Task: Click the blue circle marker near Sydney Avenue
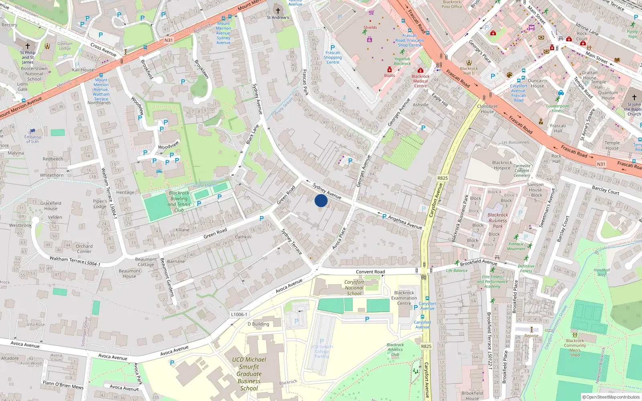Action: point(321,200)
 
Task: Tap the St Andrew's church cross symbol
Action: point(278,10)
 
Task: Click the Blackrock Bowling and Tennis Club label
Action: point(179,201)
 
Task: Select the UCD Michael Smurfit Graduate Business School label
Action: point(249,374)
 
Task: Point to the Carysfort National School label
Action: point(354,288)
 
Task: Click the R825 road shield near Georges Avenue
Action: point(442,178)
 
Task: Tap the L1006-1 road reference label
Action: point(240,314)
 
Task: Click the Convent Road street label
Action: point(370,272)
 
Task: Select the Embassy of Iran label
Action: point(33,139)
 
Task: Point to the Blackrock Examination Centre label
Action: point(404,298)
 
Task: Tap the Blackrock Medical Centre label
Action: point(421,81)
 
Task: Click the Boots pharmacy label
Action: point(389,75)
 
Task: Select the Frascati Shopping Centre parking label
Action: point(333,57)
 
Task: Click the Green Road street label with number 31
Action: point(215,233)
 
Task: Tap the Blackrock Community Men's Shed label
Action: point(575,348)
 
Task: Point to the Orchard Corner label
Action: point(84,249)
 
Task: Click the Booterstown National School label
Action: point(34,74)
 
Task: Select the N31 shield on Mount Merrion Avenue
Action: point(169,40)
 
